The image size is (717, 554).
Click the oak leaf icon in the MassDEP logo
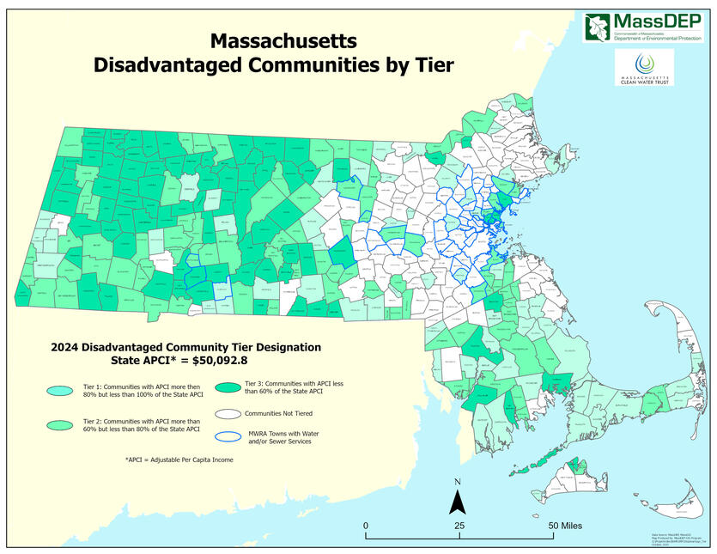pyautogui.click(x=596, y=27)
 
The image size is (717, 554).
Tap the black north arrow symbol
pyautogui.click(x=459, y=501)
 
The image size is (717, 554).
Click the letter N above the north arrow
pyautogui.click(x=459, y=482)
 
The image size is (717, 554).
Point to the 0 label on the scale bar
pyautogui.click(x=366, y=525)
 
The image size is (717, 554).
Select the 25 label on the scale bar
pyautogui.click(x=459, y=525)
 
